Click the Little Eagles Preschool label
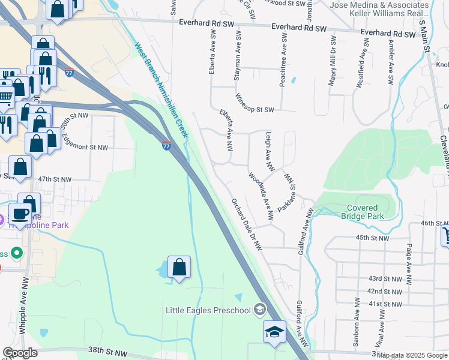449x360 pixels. [x=208, y=310]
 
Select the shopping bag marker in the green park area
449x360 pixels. [x=179, y=268]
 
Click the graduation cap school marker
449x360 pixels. [x=274, y=332]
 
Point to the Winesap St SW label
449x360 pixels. [x=255, y=102]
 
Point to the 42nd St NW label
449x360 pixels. [x=385, y=291]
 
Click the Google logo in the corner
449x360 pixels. [x=20, y=353]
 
